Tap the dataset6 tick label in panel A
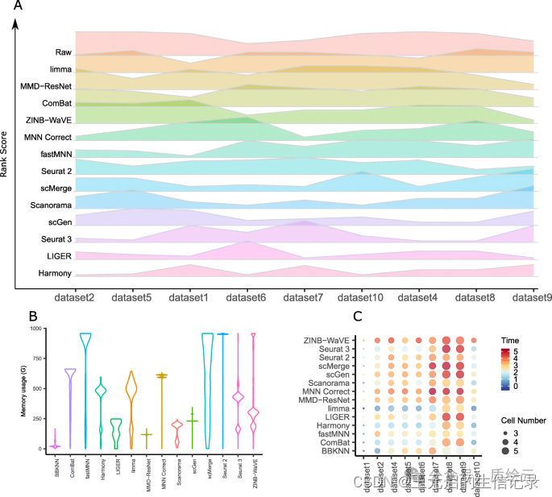pyautogui.click(x=247, y=297)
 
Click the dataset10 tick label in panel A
pyautogui.click(x=361, y=297)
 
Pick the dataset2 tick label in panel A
pyautogui.click(x=75, y=297)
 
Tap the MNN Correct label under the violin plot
pyautogui.click(x=164, y=474)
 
